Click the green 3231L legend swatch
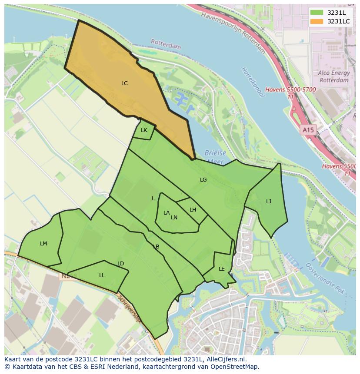[x=317, y=13]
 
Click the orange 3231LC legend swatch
[x=317, y=21]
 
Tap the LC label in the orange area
[x=124, y=83]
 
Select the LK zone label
[x=144, y=130]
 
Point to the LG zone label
[x=203, y=180]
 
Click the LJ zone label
[x=269, y=202]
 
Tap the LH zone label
[x=193, y=210]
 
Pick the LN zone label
[x=174, y=218]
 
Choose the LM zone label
[x=43, y=244]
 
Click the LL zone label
[x=102, y=275]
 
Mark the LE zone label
[x=222, y=269]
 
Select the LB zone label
[x=156, y=247]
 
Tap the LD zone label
[x=121, y=264]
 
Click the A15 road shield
[x=308, y=130]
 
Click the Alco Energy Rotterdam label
[x=333, y=77]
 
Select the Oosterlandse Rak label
[x=325, y=278]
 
